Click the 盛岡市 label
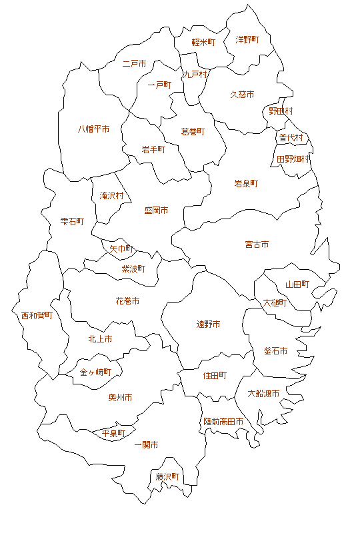[x=156, y=211]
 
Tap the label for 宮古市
[x=257, y=245]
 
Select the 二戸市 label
[x=135, y=64]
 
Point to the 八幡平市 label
[x=93, y=129]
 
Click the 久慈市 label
[x=242, y=95]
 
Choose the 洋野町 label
[x=247, y=40]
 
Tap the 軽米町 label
[x=203, y=42]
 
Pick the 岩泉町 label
[x=245, y=183]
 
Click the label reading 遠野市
[x=208, y=324]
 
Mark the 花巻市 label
[x=127, y=301]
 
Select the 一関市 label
[x=146, y=444]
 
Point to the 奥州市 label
[x=120, y=398]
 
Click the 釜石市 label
[x=275, y=351]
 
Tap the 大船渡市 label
[x=263, y=393]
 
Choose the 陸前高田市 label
[x=223, y=422]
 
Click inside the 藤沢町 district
[x=168, y=477]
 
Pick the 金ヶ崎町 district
[x=95, y=372]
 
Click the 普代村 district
[x=291, y=138]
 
